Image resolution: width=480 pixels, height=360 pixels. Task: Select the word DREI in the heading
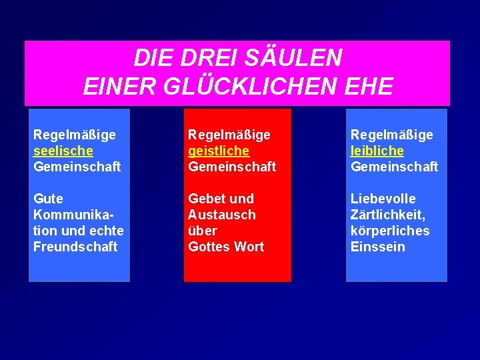coord(200,59)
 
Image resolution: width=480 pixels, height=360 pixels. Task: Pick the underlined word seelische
coord(63,151)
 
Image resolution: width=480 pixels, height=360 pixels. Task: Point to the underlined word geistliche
coord(219,151)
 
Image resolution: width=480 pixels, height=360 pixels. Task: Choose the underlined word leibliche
coord(377,151)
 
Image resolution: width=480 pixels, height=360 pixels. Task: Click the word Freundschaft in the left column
coord(75,247)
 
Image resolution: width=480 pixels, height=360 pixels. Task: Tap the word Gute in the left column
coord(48,199)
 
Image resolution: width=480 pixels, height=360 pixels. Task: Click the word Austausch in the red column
coord(222,215)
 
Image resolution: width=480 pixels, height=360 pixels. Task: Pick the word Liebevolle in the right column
coord(383,199)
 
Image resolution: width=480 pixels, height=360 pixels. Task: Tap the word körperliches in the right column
coord(390,231)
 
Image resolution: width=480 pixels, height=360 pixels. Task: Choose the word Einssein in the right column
coord(378,247)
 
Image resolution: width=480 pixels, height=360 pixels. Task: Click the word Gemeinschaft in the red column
coord(232,167)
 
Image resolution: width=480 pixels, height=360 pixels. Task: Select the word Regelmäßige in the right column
coord(392,135)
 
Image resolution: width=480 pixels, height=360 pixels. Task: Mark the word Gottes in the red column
coord(208,247)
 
